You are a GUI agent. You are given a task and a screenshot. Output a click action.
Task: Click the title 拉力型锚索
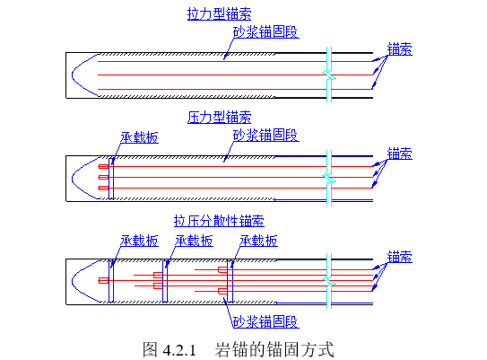219,15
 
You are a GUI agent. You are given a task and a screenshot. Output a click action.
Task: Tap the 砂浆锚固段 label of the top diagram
265,31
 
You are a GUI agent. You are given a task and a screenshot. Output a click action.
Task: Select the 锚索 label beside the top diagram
400,49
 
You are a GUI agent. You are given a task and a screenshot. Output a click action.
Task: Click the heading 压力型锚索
219,118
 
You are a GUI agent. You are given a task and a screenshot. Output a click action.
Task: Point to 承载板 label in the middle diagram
139,138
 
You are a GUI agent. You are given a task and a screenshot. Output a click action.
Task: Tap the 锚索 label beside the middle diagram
400,154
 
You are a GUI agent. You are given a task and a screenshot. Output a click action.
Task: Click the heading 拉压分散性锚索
219,221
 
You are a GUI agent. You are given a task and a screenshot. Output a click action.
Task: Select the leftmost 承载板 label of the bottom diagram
139,241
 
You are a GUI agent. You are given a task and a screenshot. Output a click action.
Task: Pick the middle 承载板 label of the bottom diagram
195,241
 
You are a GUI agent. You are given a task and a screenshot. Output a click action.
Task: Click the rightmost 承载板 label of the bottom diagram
258,241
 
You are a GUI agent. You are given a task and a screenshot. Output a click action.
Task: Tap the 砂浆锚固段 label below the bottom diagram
265,321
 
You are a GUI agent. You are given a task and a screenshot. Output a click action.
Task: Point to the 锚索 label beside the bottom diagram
400,257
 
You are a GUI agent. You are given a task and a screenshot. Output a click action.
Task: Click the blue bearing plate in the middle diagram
111,178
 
